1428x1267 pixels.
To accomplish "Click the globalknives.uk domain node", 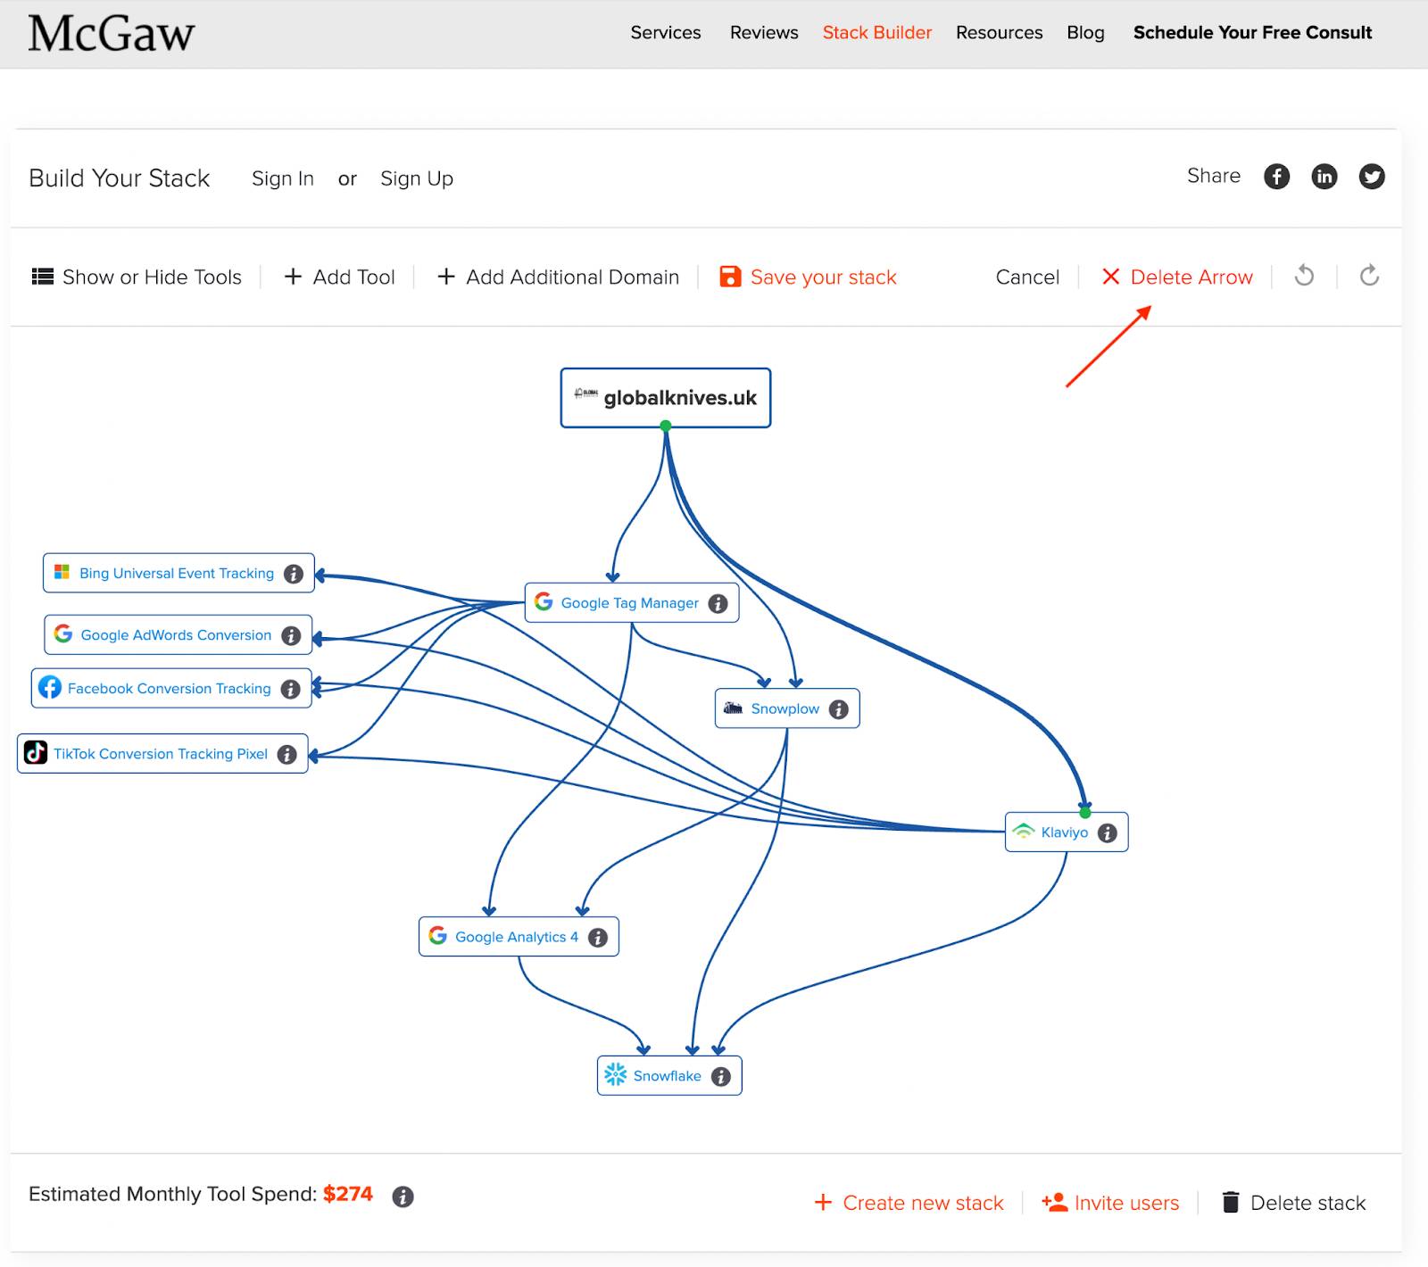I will (x=666, y=398).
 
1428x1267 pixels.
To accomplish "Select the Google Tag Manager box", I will (x=630, y=603).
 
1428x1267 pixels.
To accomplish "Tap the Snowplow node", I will (x=785, y=708).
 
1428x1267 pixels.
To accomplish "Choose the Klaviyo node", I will (x=1065, y=832).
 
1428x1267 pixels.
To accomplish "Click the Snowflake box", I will (x=668, y=1076).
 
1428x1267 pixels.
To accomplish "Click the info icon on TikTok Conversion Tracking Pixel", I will (x=287, y=755).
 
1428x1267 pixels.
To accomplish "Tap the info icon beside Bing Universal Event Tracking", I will (x=294, y=574).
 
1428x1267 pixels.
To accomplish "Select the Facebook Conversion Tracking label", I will (x=170, y=689).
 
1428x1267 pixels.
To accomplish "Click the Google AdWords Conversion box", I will (x=177, y=635).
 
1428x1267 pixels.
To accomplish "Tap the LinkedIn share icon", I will (x=1324, y=177).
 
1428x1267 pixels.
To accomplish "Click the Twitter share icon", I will (x=1372, y=177).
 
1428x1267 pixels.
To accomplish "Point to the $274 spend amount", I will (x=348, y=1194).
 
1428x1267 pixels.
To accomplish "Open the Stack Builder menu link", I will (x=876, y=33).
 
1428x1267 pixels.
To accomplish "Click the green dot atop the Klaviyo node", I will (x=1085, y=813).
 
